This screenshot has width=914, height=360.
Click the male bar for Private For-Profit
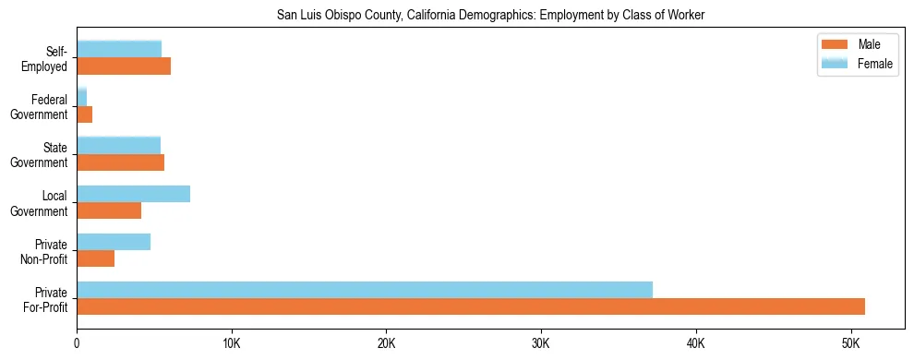pos(471,306)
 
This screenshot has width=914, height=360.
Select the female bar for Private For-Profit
pos(365,290)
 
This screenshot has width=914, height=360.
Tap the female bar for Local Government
pos(133,194)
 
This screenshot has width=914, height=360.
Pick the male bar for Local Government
pos(109,210)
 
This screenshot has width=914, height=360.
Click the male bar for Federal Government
pos(84,114)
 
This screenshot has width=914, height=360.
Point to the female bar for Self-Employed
pos(119,49)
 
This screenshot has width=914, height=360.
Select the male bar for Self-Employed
pos(124,66)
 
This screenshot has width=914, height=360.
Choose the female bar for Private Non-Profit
pos(114,242)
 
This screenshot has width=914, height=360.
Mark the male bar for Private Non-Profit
pos(95,258)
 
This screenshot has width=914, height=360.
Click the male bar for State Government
pos(120,162)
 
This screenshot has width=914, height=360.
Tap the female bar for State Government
pos(118,145)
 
